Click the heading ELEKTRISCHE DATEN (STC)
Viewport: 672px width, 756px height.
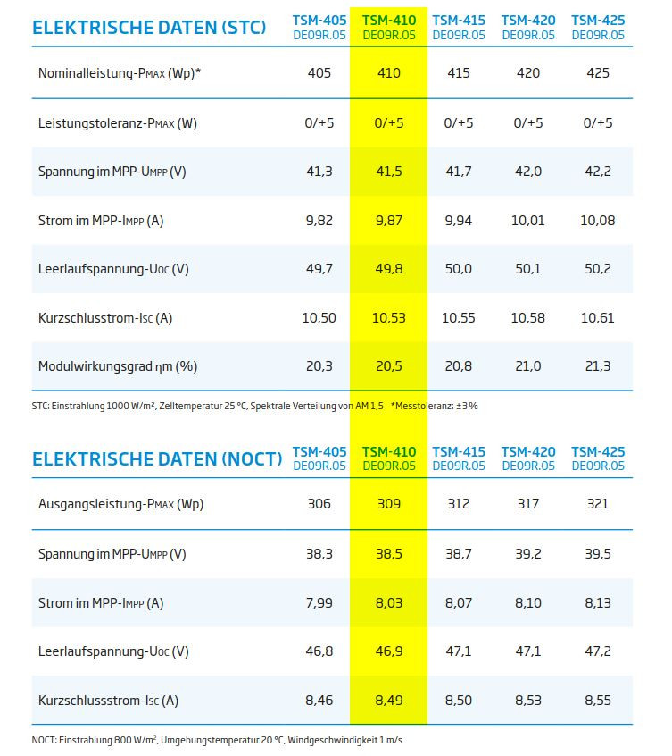click(149, 27)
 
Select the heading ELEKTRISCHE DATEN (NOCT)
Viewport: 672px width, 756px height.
click(157, 459)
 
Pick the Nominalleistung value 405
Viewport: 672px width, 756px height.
click(319, 73)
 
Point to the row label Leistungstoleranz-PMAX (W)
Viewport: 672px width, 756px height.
click(118, 123)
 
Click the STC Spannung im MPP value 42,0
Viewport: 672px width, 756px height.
click(528, 172)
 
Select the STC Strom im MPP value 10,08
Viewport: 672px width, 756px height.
click(598, 220)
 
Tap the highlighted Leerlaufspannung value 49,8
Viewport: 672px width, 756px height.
click(389, 269)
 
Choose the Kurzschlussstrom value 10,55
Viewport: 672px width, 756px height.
click(459, 317)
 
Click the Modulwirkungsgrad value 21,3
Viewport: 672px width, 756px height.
click(598, 365)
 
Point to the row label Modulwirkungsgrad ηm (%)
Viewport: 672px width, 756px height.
click(118, 366)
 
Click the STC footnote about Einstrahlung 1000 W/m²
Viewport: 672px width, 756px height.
click(207, 406)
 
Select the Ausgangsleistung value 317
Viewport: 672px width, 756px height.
click(528, 504)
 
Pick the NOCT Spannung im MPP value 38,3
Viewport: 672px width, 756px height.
click(319, 554)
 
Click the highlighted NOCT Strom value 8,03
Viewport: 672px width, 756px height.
click(389, 602)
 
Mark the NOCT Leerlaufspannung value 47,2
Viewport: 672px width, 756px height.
click(598, 651)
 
